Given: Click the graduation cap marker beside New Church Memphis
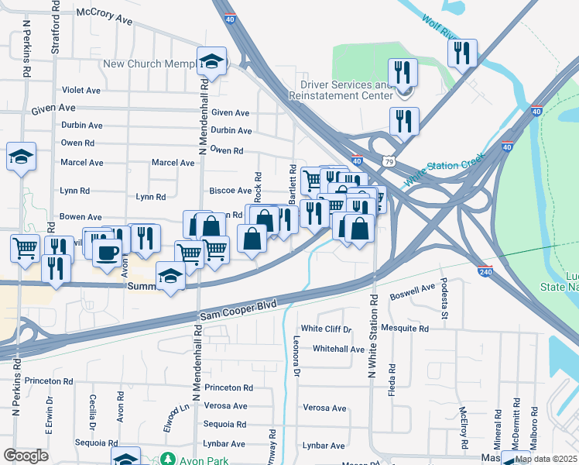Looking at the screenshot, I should (x=211, y=62).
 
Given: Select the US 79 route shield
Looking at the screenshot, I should (x=389, y=161).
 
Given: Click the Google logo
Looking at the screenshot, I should (x=26, y=456).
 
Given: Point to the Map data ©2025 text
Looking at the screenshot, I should (x=546, y=459).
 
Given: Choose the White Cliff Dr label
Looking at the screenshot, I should (x=326, y=329).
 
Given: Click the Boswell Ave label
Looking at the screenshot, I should (x=413, y=290).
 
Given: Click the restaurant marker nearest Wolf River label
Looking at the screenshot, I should (x=462, y=53).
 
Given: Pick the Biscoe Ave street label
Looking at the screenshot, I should (x=231, y=191).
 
